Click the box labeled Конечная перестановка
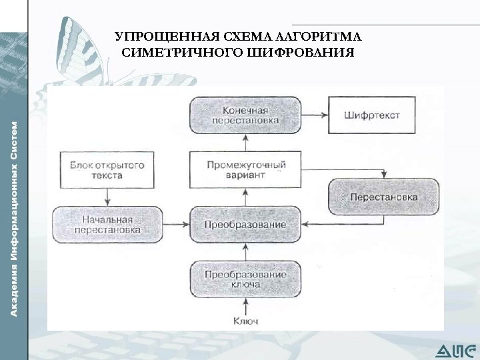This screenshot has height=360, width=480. coord(245,115)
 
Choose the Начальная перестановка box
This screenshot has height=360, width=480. coord(107,224)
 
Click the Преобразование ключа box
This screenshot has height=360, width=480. coord(245,279)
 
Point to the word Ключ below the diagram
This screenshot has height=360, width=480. coord(245,321)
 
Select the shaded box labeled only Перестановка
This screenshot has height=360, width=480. coord(383,197)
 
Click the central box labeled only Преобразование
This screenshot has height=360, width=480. coord(245,224)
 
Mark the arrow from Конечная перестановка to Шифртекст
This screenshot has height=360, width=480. coord(314,115)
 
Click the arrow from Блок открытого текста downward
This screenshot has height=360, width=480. coord(107,197)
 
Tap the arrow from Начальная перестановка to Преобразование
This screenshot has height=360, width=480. coord(175,225)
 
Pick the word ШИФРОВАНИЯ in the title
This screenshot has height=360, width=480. coord(301,53)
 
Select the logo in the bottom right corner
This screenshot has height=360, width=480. coord(456,349)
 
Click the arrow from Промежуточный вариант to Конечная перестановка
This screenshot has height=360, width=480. coord(245,142)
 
